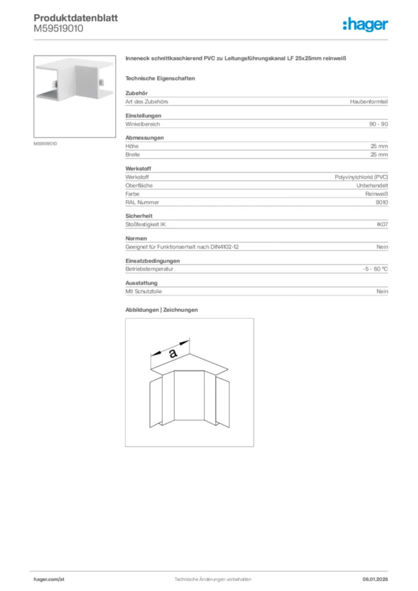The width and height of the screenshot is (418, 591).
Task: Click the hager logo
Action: (365, 24)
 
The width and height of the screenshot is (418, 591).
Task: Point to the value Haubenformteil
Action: (369, 102)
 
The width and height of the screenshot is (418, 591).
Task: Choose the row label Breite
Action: (133, 155)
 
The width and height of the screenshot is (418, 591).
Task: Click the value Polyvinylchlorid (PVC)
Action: (361, 177)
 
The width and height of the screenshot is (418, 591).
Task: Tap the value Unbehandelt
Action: (372, 186)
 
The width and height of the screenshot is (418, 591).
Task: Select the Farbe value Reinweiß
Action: (376, 194)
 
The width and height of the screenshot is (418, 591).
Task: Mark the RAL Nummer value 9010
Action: (382, 203)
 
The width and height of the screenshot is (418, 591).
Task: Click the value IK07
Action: (382, 225)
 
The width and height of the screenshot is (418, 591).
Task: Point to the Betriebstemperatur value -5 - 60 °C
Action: (372, 269)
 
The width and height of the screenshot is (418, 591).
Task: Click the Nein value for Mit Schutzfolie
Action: (382, 291)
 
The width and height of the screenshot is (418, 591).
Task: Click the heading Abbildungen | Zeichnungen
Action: (162, 310)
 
